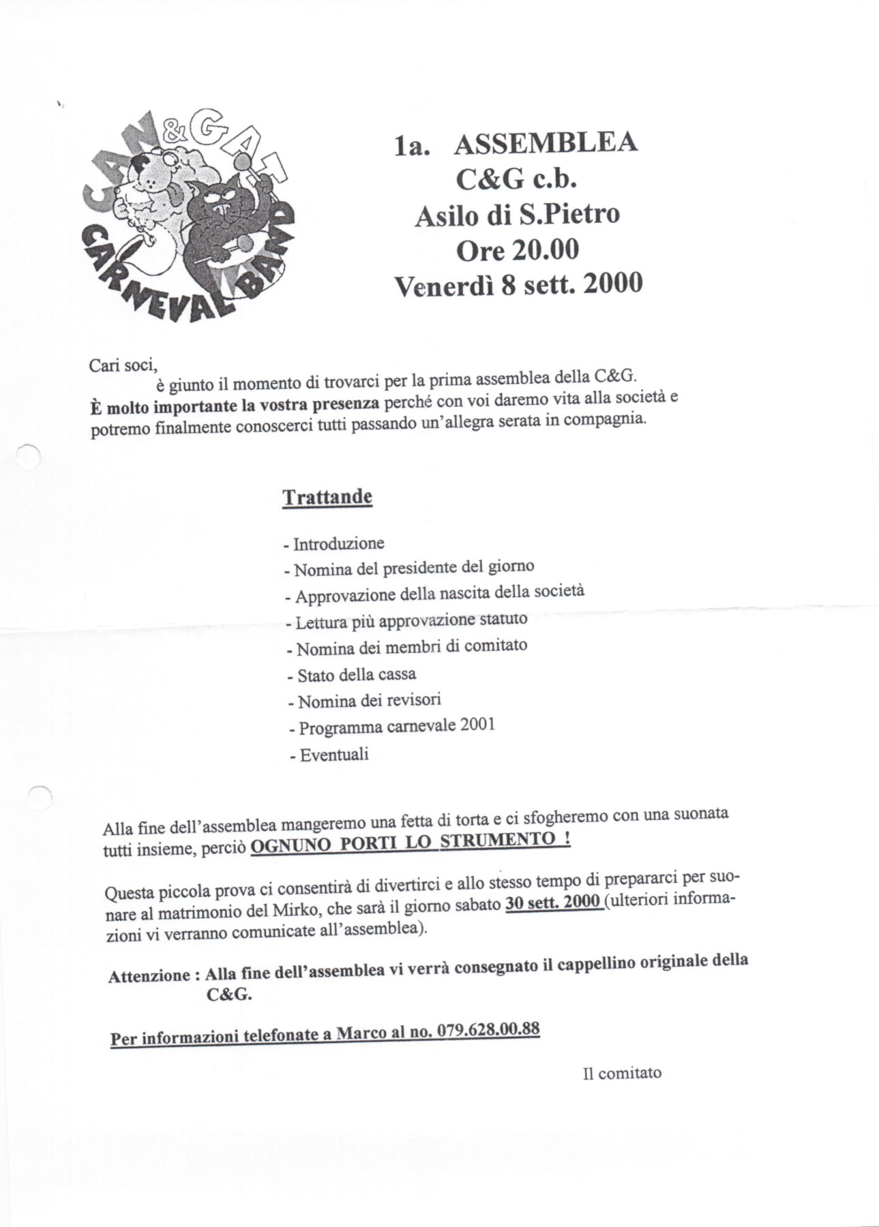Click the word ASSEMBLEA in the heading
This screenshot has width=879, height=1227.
click(x=545, y=144)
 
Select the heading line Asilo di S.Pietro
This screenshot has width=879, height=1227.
click(x=518, y=215)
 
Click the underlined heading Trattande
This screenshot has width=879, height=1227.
click(x=327, y=496)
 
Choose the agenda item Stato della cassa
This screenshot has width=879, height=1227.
click(x=356, y=675)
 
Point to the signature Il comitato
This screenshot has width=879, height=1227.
click(x=622, y=1073)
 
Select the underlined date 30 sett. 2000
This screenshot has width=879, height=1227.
click(x=552, y=903)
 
